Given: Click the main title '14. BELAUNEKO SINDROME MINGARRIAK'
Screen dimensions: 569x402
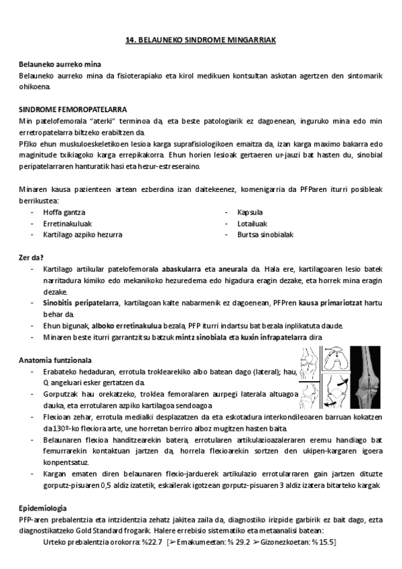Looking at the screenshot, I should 201,40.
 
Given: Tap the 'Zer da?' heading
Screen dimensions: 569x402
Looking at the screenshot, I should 31,257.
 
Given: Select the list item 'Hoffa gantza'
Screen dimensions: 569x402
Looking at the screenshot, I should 64,212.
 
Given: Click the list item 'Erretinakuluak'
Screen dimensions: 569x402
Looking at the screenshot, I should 67,223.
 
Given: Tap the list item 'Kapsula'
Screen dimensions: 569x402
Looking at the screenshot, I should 250,212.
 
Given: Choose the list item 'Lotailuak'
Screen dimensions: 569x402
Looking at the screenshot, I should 253,223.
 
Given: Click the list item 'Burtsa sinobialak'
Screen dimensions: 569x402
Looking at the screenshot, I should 265,235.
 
